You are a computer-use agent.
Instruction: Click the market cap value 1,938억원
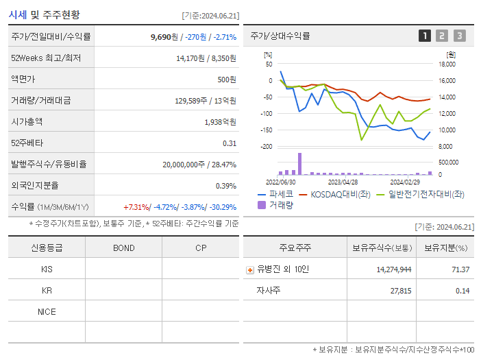(x=220, y=121)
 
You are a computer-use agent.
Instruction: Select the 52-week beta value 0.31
(x=229, y=143)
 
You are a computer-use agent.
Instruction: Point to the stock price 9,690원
(x=164, y=36)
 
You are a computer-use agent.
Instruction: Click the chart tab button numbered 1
(x=425, y=36)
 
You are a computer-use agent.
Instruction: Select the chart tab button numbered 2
(x=442, y=36)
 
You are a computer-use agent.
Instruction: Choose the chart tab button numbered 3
(x=459, y=36)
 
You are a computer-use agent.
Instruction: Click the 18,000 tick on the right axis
(x=446, y=64)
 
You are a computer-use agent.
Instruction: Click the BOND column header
(x=123, y=248)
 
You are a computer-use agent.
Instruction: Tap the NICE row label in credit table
(x=47, y=311)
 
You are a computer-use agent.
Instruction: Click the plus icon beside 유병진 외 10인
(x=250, y=269)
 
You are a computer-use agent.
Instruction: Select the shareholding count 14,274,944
(x=394, y=269)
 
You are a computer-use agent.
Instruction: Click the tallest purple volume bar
(x=299, y=164)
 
